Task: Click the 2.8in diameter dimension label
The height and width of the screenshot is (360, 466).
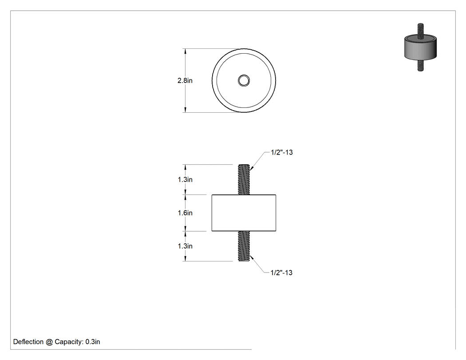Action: click(185, 80)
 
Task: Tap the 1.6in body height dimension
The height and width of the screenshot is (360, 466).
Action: click(185, 213)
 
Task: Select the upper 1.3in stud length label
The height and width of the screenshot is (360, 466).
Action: click(185, 179)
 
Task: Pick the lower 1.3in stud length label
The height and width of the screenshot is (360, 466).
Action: click(185, 246)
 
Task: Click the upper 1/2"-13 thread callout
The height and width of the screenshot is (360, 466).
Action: click(282, 152)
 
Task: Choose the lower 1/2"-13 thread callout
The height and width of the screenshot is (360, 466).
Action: click(281, 273)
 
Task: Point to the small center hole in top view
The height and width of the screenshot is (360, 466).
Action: click(244, 80)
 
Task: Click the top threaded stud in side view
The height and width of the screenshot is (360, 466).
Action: click(244, 179)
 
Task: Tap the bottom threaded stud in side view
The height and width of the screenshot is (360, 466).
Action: click(244, 246)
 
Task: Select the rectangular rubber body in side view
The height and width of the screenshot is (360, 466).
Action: click(244, 213)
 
